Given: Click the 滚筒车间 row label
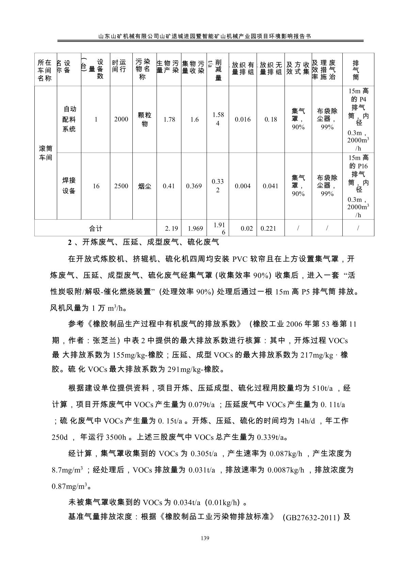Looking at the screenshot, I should [x=46, y=153].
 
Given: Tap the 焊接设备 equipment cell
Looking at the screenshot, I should [x=69, y=186].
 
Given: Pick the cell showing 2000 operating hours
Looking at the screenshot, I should [x=121, y=119].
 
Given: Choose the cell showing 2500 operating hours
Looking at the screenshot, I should [x=121, y=186].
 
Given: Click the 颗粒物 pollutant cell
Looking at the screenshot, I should [x=144, y=119].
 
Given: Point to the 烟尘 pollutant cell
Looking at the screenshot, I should [x=144, y=186].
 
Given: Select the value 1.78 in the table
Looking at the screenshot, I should [x=169, y=119].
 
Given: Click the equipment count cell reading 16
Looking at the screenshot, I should [x=96, y=186].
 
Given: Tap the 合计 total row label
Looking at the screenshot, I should [x=96, y=228].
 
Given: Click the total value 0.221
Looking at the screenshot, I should [x=269, y=228].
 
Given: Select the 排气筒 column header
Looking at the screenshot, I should [x=356, y=70].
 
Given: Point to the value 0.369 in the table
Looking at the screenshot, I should [x=194, y=186].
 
